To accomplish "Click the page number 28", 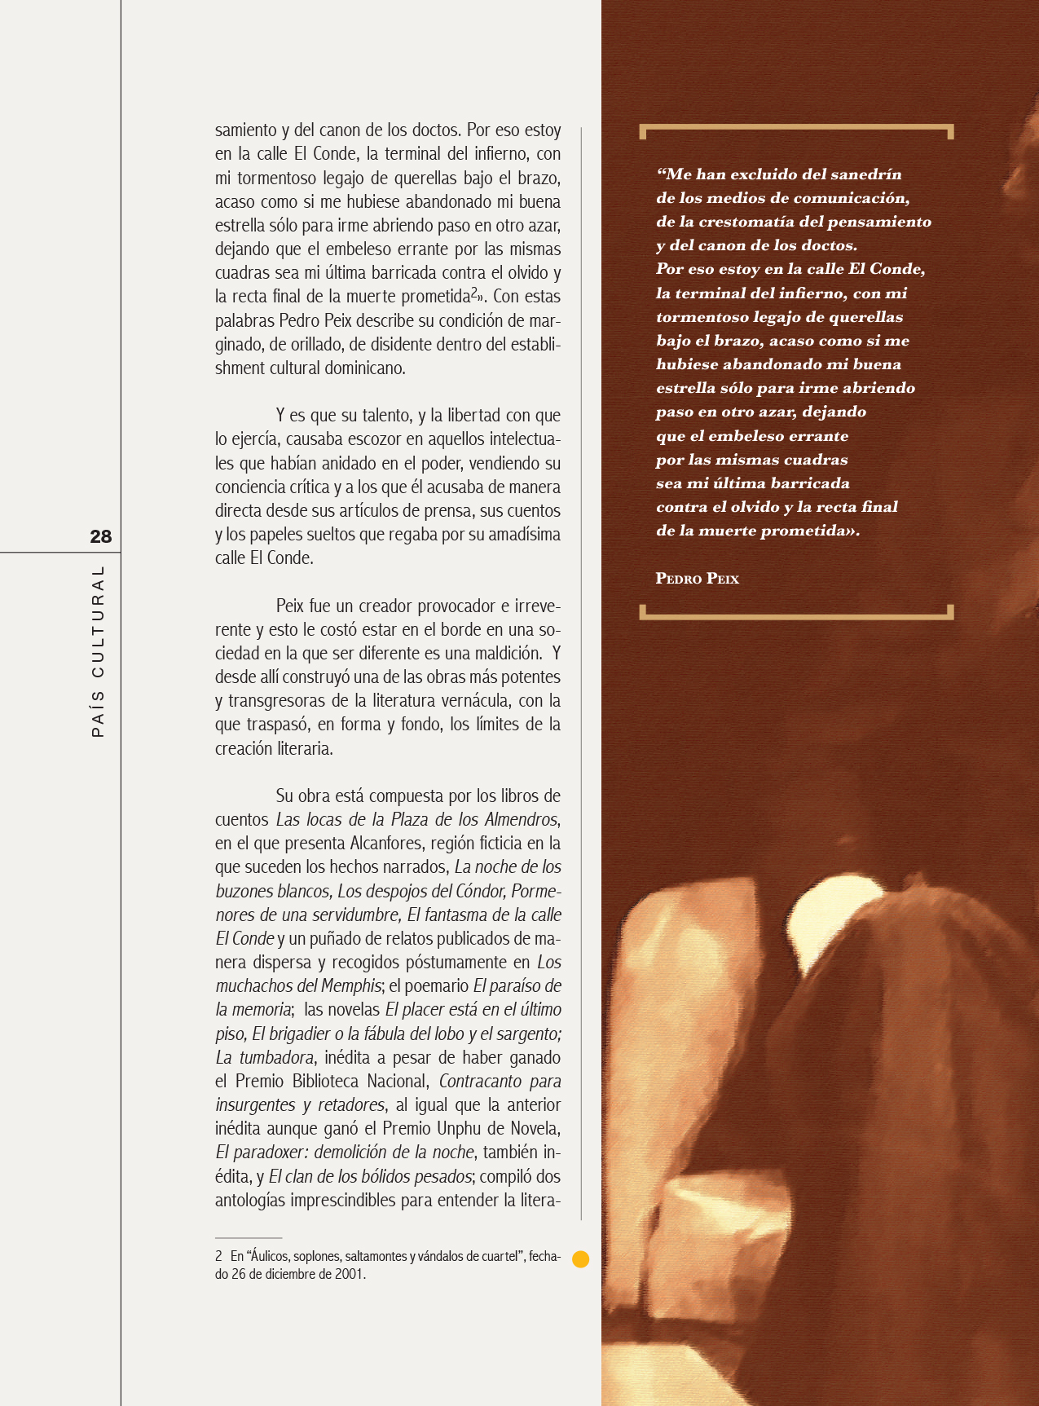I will (100, 536).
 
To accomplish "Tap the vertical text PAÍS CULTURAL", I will (98, 651).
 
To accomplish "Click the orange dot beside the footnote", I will (581, 1258).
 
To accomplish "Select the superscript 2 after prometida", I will (474, 293).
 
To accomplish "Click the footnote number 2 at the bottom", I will (218, 1257).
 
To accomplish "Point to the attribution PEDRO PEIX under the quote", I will (697, 579).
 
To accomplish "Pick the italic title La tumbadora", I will (265, 1058).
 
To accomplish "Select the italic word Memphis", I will (354, 986).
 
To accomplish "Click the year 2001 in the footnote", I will (350, 1274).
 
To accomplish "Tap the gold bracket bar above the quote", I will (796, 128).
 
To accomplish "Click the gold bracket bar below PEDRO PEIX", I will (796, 615).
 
